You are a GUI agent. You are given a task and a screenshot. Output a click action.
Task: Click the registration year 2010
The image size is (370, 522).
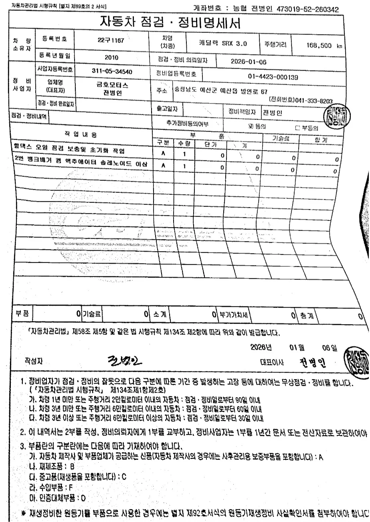(111, 57)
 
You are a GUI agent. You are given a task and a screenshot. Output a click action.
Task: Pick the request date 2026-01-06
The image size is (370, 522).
(248, 63)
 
